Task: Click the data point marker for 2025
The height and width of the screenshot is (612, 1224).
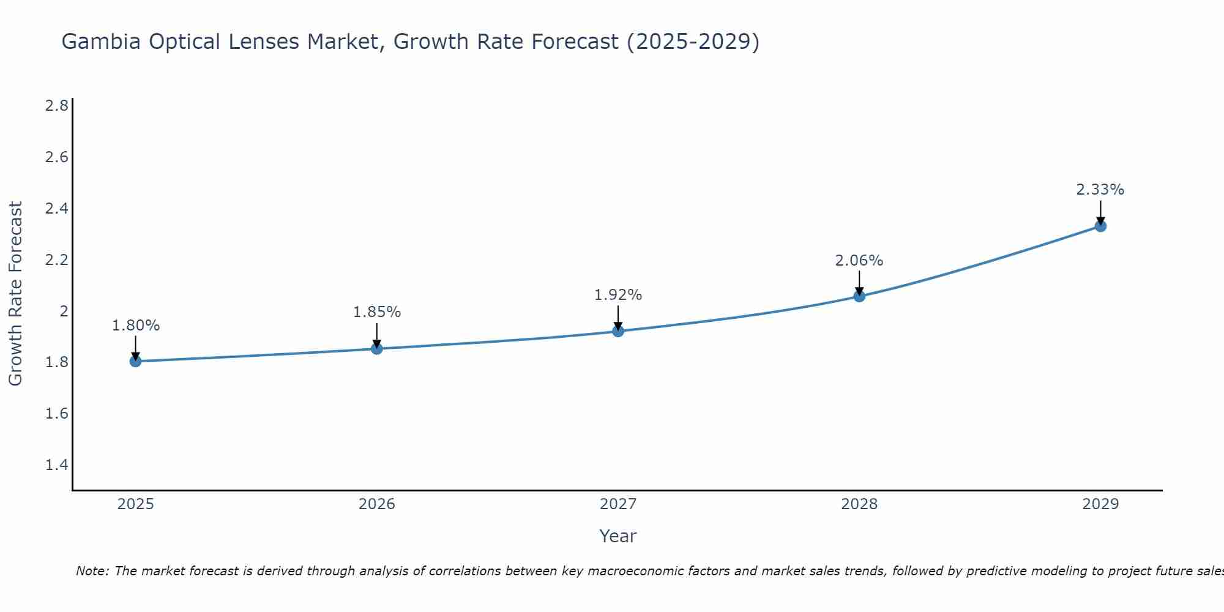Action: point(136,361)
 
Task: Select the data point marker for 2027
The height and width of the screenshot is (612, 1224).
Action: point(618,331)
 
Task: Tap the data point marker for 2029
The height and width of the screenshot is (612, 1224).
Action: point(1100,226)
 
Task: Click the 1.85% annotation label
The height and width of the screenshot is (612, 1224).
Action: point(377,312)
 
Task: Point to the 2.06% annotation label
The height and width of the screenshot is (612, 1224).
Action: point(859,261)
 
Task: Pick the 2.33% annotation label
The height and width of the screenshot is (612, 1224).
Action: point(1100,190)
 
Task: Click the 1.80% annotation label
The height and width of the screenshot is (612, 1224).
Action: point(136,326)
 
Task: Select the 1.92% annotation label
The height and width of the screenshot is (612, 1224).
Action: point(618,295)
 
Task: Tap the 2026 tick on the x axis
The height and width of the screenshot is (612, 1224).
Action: point(377,504)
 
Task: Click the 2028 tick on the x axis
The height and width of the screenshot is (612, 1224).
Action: point(859,504)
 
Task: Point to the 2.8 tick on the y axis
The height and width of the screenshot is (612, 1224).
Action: point(56,106)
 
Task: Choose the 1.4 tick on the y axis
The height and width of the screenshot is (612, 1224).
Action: point(56,465)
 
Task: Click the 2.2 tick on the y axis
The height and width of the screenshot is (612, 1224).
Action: point(56,260)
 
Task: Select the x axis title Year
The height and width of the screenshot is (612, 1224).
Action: point(618,536)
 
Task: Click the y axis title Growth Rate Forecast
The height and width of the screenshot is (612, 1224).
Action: point(15,294)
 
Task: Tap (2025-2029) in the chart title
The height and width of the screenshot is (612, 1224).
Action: point(693,42)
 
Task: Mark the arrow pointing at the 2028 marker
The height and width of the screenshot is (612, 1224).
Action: point(859,283)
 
